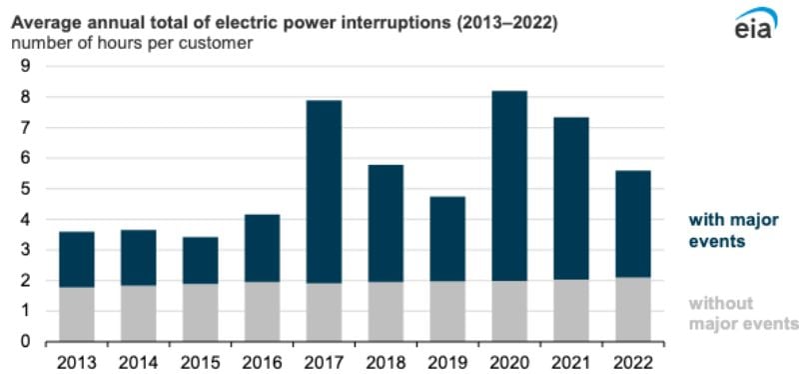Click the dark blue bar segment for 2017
click(x=324, y=191)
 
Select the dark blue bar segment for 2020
click(x=509, y=186)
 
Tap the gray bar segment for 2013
click(x=77, y=314)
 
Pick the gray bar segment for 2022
click(x=631, y=309)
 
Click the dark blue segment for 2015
click(x=201, y=260)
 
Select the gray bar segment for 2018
click(x=386, y=311)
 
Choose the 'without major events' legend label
click(x=745, y=313)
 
